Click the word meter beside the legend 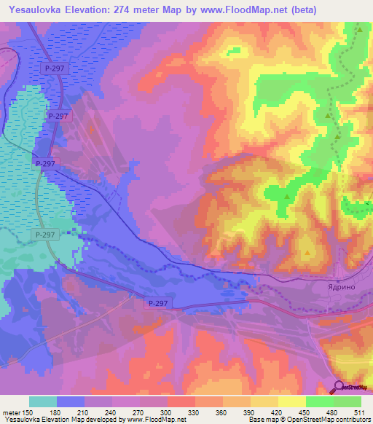11,413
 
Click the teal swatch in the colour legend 42,401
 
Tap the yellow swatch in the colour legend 291,401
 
